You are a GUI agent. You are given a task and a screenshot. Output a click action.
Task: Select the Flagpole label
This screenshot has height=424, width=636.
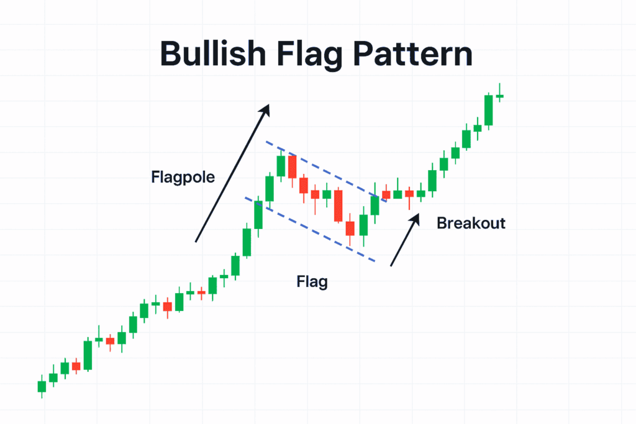click(183, 177)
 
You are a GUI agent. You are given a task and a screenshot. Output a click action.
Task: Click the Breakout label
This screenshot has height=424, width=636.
click(471, 223)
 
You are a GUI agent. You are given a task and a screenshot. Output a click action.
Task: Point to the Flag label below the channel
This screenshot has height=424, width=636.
click(312, 282)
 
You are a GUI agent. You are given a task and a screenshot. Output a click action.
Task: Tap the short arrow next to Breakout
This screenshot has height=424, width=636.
click(405, 240)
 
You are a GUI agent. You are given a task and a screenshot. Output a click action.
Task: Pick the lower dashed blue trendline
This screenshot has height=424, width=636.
click(311, 230)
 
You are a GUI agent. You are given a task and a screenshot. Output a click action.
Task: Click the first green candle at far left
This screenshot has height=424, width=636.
click(42, 386)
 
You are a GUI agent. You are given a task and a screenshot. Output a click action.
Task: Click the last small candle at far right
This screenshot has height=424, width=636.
click(499, 96)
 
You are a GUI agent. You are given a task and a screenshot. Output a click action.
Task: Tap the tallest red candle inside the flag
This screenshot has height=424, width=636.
click(338, 205)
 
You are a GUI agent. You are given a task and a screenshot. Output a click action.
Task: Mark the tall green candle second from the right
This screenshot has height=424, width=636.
click(489, 110)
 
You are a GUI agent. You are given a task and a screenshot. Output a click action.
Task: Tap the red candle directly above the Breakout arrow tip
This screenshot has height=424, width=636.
click(409, 194)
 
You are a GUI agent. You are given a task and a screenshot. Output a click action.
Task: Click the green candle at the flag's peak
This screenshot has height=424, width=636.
click(281, 166)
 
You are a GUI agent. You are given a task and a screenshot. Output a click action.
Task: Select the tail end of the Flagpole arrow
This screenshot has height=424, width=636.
click(196, 241)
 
